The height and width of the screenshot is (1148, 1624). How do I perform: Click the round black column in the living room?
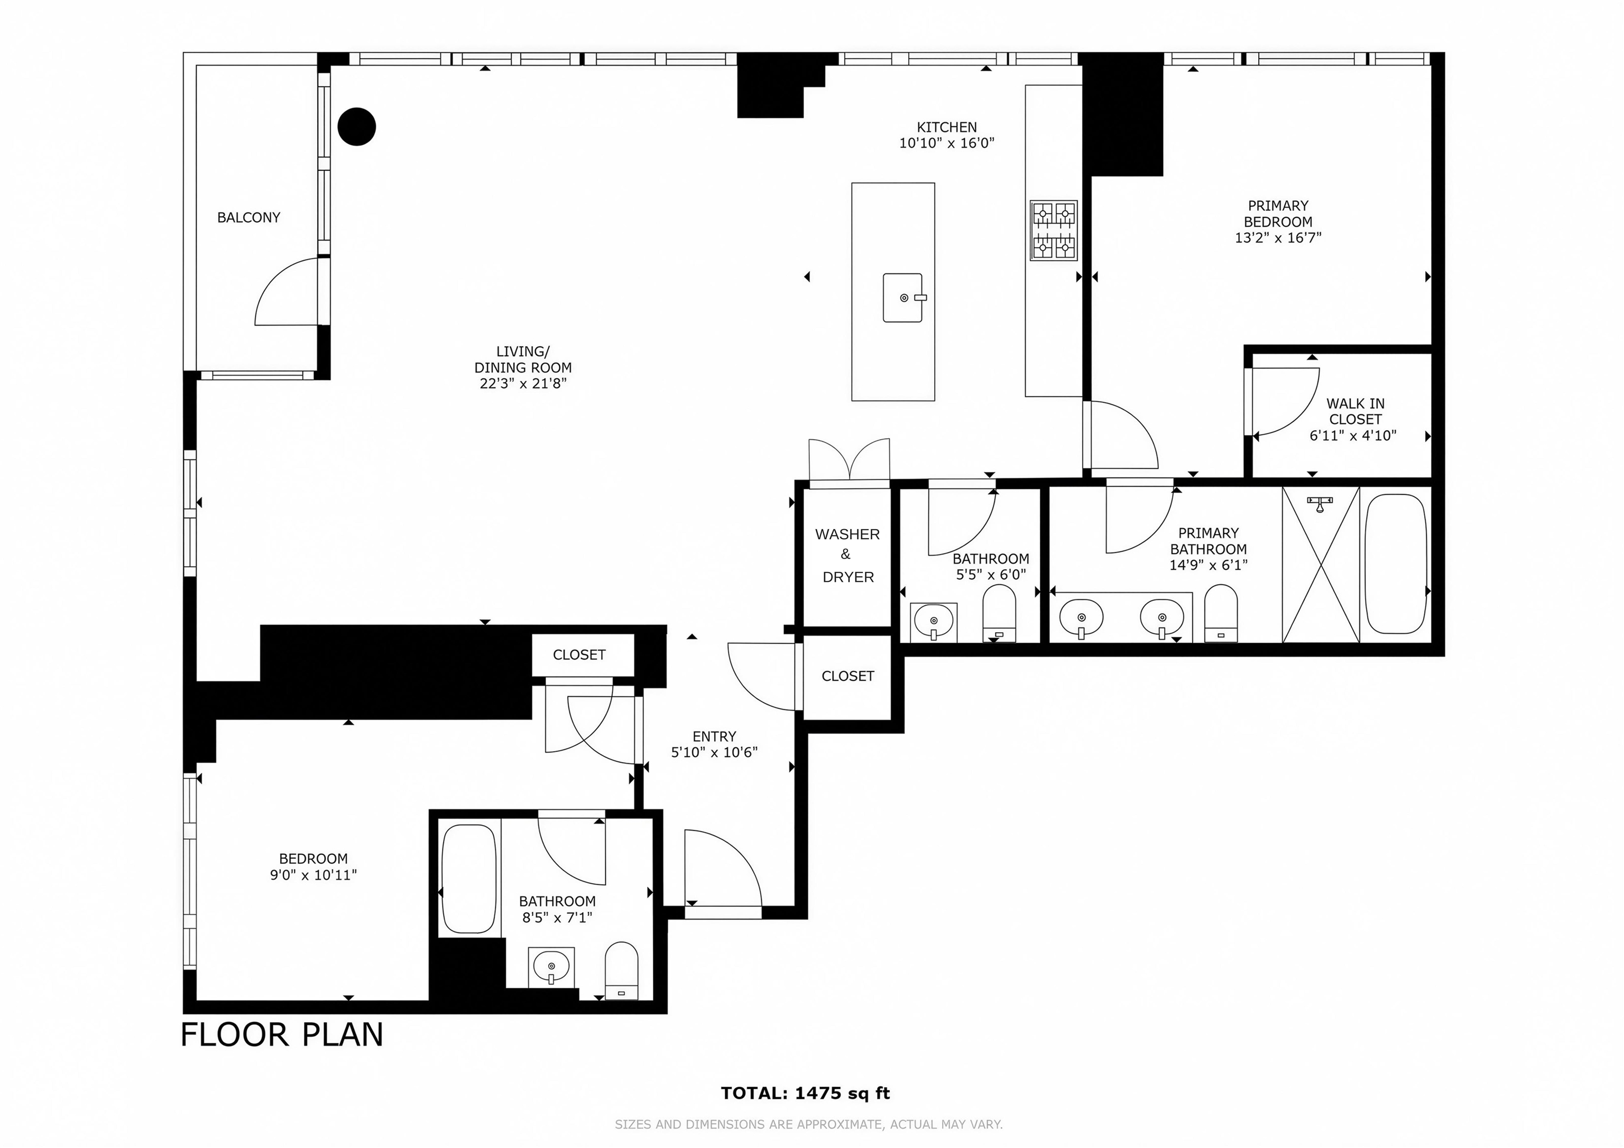coord(356,127)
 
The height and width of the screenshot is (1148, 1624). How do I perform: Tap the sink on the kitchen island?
coord(903,298)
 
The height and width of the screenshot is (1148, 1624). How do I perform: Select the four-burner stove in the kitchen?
coord(1053,230)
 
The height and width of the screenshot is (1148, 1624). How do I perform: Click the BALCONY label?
coord(248,218)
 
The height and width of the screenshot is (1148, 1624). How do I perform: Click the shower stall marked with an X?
coord(1321,564)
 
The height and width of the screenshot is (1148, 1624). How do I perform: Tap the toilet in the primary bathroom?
coord(1221,613)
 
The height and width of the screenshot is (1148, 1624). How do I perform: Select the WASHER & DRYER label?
coord(847,556)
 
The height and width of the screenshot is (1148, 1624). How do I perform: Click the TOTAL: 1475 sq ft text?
coord(805,1093)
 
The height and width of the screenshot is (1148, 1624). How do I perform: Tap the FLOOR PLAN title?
coord(282,1034)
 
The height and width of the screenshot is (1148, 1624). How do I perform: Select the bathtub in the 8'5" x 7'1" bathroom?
coord(468,879)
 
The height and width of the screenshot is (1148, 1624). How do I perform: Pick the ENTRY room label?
coord(714,736)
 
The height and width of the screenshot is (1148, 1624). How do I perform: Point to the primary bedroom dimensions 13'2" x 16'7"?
coord(1278,238)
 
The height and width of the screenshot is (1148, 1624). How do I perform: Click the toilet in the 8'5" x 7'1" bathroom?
coord(622,970)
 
